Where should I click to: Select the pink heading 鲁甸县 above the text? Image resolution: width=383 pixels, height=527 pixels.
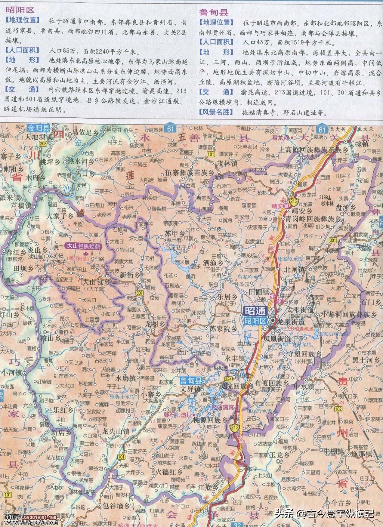(214, 12)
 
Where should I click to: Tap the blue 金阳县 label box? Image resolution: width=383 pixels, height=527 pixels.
(39, 128)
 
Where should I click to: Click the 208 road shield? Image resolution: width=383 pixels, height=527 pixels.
(43, 144)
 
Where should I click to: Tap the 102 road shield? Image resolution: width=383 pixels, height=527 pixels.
(338, 409)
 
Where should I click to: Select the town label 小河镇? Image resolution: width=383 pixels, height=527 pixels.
(11, 372)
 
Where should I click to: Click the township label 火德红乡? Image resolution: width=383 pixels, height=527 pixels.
(169, 470)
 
